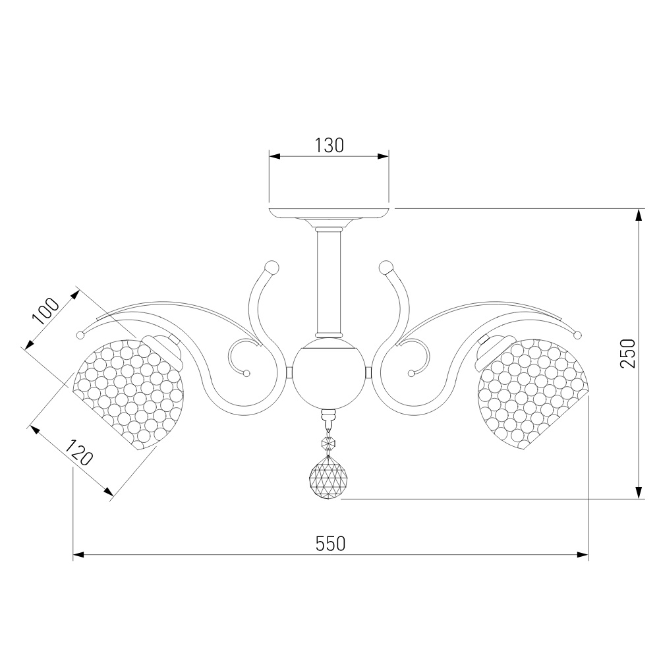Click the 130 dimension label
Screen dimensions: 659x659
pyautogui.click(x=329, y=146)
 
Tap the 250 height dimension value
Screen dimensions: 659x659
pyautogui.click(x=628, y=353)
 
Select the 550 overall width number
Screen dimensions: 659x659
pyautogui.click(x=330, y=544)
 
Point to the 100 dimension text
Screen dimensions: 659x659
pyautogui.click(x=46, y=312)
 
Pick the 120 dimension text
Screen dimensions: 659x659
pyautogui.click(x=78, y=453)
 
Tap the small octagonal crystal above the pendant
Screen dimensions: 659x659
pyautogui.click(x=328, y=442)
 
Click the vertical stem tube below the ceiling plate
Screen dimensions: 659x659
pyautogui.click(x=328, y=281)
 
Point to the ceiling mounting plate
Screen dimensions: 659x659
pyautogui.click(x=329, y=214)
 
